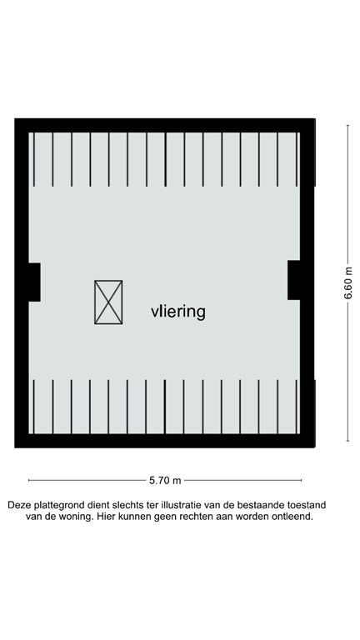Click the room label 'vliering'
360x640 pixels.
(177, 312)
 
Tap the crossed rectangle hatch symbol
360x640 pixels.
(108, 302)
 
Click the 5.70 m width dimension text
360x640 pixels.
(165, 480)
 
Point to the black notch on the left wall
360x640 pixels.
(34, 282)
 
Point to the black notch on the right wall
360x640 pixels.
(295, 279)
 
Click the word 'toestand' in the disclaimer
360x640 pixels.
(303, 505)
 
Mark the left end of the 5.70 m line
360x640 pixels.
(29, 480)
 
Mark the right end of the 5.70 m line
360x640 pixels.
(302, 480)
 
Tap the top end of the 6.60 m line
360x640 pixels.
(348, 125)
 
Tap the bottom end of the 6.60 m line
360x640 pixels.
(348, 441)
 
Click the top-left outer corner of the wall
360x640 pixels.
(15, 119)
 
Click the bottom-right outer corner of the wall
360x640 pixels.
(316, 447)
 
